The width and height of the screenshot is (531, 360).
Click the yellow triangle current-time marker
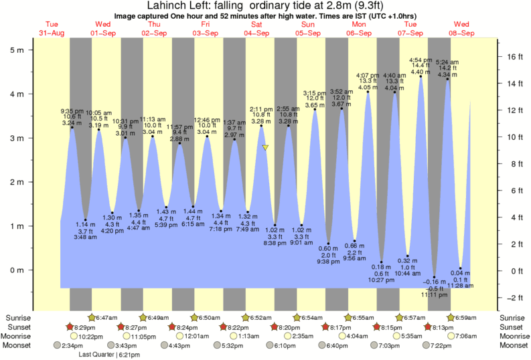tap(265, 147)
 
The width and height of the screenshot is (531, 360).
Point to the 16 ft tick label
tap(514, 57)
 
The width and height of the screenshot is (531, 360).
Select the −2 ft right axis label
tap(513, 298)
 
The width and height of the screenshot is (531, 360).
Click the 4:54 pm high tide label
tap(420, 60)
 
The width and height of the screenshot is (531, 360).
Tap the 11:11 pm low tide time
tap(434, 294)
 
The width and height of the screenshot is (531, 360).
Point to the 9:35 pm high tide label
tap(72, 111)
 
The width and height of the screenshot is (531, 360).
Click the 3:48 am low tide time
tap(84, 237)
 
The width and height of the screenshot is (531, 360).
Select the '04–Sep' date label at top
tap(256, 33)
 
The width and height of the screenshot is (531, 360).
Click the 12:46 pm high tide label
tap(207, 120)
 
